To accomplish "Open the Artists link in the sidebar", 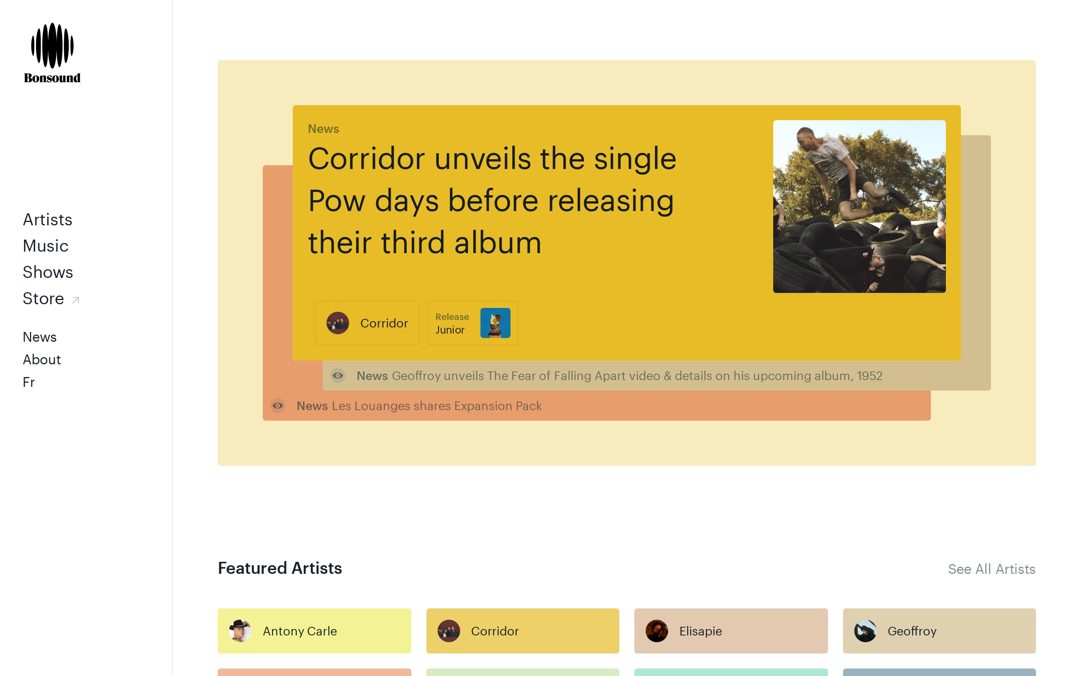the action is click(47, 220).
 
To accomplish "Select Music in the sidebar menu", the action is click(45, 246).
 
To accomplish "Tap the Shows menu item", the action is click(48, 272).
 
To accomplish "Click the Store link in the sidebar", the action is click(43, 298).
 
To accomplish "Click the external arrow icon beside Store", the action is click(75, 300).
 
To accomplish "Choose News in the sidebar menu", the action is click(40, 337).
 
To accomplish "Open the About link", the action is click(42, 359).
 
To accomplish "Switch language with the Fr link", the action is click(29, 382).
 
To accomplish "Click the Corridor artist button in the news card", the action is click(367, 323).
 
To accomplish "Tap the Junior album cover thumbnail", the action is click(495, 323).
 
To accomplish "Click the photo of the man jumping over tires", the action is click(859, 207).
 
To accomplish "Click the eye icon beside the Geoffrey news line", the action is click(338, 376).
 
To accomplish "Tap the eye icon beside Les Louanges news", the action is click(278, 406).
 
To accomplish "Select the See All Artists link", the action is click(992, 569).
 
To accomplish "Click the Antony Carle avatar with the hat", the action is click(240, 631).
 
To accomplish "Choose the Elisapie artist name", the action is click(700, 631).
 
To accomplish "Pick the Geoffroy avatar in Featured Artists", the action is click(865, 631).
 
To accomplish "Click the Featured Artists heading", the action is click(280, 568).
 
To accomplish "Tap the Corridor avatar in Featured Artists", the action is click(449, 631).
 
